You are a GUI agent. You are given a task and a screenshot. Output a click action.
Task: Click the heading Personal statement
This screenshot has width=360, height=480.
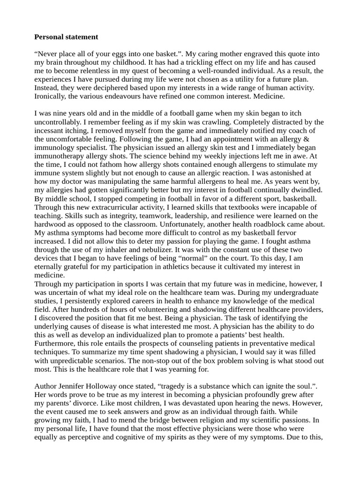click(x=66, y=37)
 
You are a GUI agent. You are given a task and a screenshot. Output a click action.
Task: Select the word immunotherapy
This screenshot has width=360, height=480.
click(x=59, y=156)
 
